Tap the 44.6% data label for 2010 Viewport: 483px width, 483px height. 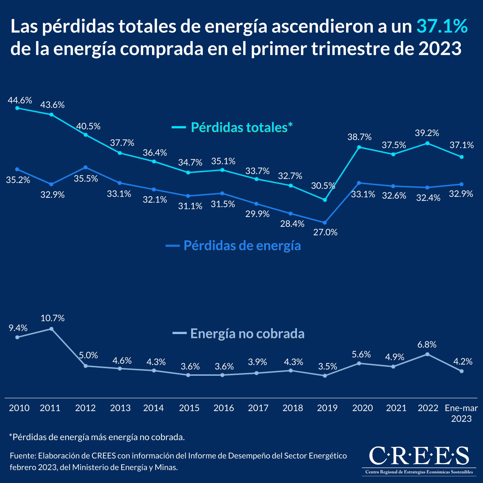tap(20, 100)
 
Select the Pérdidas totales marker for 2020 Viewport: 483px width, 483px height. tap(359, 147)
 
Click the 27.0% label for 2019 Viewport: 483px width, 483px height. tap(325, 232)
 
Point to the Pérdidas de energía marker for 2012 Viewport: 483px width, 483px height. tap(85, 167)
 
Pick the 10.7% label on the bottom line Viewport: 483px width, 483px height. tap(52, 318)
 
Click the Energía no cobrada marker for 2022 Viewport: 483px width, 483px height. tap(427, 354)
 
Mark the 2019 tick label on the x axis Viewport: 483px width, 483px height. tap(327, 408)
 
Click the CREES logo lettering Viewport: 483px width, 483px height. tap(419, 456)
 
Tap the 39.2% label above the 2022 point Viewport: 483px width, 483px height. tap(427, 133)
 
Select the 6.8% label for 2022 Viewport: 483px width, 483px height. tap(427, 344)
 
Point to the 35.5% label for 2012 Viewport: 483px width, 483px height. tap(86, 178)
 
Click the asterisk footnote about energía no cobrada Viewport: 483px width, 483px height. tap(97, 437)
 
